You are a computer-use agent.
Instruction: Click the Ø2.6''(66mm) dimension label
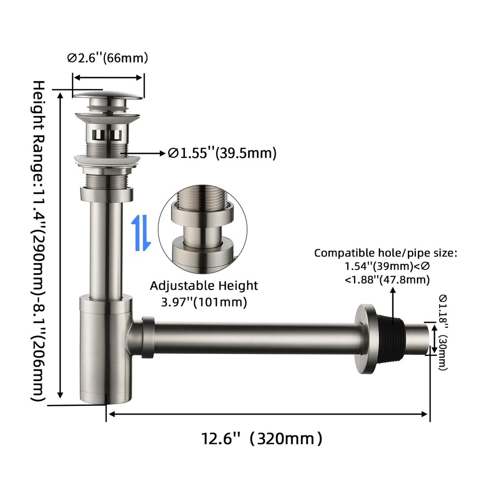[x=107, y=58]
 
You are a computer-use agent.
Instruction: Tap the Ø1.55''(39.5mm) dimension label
[x=222, y=153]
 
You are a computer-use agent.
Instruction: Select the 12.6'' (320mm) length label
[x=262, y=438]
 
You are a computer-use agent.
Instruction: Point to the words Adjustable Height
[x=204, y=286]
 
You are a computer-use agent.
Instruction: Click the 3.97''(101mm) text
[x=204, y=302]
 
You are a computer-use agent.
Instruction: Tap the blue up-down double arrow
[x=141, y=233]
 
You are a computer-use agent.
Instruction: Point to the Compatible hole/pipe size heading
[x=386, y=253]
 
